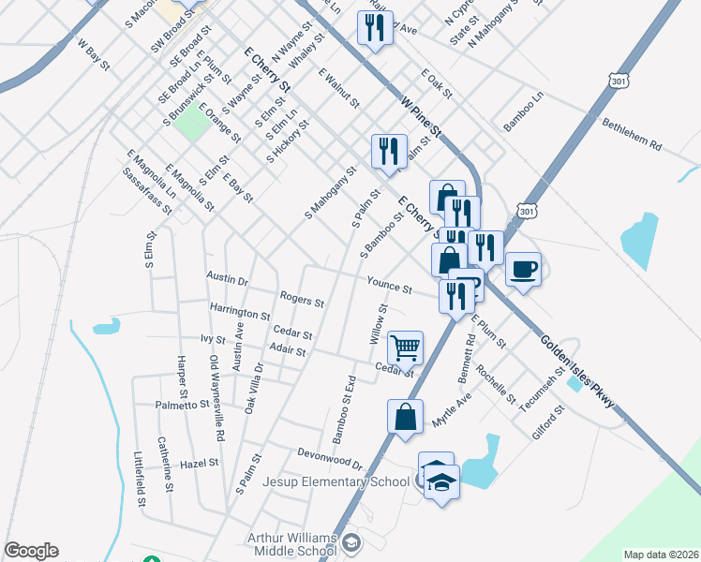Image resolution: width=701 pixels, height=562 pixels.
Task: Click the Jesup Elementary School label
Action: pos(336,481)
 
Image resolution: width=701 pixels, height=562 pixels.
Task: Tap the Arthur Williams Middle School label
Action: pos(291,543)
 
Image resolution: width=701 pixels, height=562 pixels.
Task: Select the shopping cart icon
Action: pos(406,348)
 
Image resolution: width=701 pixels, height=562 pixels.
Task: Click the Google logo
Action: pos(31,551)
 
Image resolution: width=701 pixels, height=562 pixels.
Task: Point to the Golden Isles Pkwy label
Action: pos(578,372)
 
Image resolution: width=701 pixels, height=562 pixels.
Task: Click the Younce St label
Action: pos(390,286)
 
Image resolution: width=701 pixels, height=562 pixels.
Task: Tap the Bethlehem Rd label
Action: pos(633,135)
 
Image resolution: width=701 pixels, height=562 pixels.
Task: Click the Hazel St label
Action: pos(199,463)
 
